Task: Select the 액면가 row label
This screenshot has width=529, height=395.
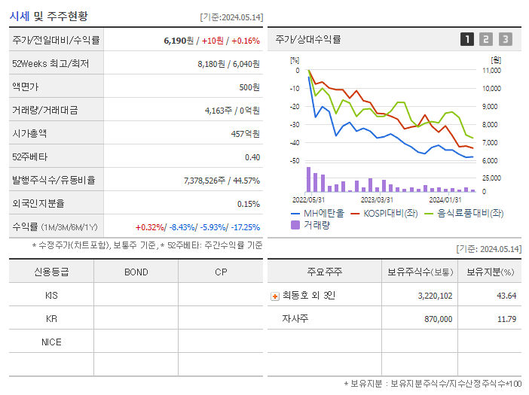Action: [x=27, y=87]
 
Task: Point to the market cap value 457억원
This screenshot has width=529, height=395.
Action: [x=246, y=134]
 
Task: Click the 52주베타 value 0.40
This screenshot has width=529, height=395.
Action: [x=252, y=157]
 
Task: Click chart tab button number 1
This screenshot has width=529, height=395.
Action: [x=467, y=40]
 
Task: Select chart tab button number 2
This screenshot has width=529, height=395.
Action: [x=486, y=40]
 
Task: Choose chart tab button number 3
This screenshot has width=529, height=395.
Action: [x=505, y=40]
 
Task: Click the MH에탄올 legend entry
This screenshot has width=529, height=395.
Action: [x=316, y=214]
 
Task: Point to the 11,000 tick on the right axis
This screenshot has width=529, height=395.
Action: [x=491, y=71]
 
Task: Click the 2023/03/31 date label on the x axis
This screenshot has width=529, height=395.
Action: [x=377, y=199]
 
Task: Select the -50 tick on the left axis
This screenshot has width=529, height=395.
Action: [x=295, y=161]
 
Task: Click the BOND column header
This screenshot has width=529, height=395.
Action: [x=136, y=272]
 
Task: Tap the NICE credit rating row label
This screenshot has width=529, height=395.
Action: [x=51, y=342]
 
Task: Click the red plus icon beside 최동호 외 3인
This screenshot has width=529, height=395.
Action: [x=275, y=296]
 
